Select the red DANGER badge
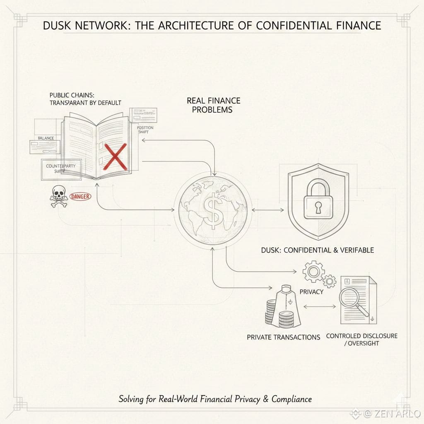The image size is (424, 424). [81, 197]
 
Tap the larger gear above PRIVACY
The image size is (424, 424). [313, 271]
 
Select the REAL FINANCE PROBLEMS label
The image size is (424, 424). [213, 105]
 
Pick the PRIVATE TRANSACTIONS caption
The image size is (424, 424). [283, 337]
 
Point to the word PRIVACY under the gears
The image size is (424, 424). [311, 291]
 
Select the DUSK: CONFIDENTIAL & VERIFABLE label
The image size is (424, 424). [318, 250]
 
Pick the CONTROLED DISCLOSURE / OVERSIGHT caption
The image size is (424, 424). [361, 339]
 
